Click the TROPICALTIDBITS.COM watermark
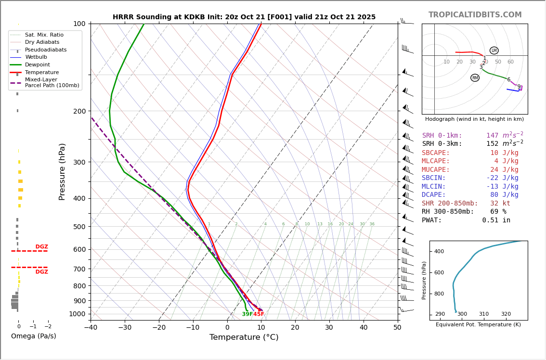pos(475,15)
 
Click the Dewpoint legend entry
pos(37,64)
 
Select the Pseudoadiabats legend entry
pos(46,50)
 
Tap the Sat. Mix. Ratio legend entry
pos(44,35)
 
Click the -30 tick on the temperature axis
pos(125,328)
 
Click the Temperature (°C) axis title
pos(244,337)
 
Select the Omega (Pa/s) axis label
pos(33,336)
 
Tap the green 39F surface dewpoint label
pos(247,314)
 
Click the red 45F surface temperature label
pos(259,314)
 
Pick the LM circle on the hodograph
pos(494,51)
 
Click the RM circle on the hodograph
pos(475,77)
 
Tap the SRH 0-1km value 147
pos(492,136)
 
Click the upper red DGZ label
pos(41,247)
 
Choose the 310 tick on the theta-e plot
pos(483,314)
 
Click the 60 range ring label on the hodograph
pos(510,62)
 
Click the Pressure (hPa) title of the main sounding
pos(62,171)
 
